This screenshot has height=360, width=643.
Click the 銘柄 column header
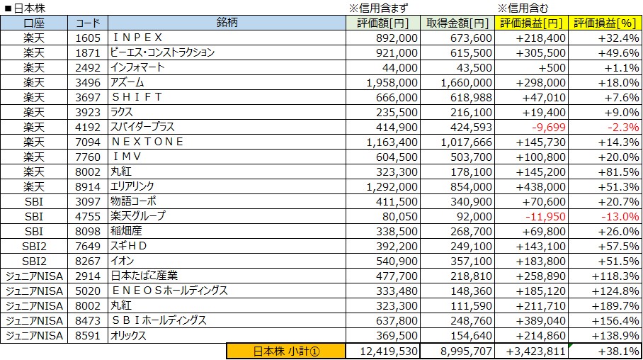[227, 23]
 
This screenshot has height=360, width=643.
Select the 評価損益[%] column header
[606, 23]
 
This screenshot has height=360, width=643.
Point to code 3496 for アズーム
[89, 82]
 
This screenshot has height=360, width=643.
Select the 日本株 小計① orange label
[285, 351]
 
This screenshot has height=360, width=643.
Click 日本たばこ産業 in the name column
[144, 276]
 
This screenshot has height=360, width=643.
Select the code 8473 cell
[89, 320]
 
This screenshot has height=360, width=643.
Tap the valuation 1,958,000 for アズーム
[390, 82]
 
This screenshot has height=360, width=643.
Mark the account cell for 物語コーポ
[33, 201]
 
